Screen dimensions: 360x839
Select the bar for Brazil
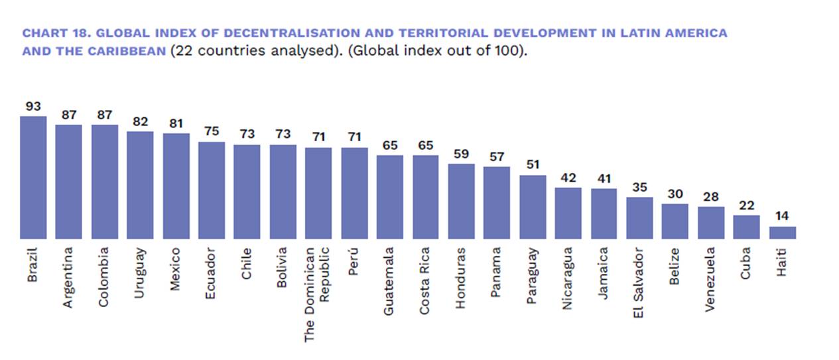pos(33,178)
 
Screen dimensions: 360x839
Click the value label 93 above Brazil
pos(33,106)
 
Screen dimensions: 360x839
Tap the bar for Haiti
pos(782,233)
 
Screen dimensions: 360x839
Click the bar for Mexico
pos(176,186)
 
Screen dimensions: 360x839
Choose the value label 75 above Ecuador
pos(212,131)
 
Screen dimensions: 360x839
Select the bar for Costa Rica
pos(426,197)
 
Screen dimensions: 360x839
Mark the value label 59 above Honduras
pos(462,154)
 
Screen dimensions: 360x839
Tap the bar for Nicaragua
pos(568,213)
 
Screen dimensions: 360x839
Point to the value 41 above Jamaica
pos(604,178)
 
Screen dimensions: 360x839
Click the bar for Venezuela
pos(711,223)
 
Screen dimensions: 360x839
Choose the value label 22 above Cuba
pos(746,206)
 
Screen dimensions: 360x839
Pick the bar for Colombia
pos(105,182)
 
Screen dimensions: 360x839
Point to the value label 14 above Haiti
pos(782,216)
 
